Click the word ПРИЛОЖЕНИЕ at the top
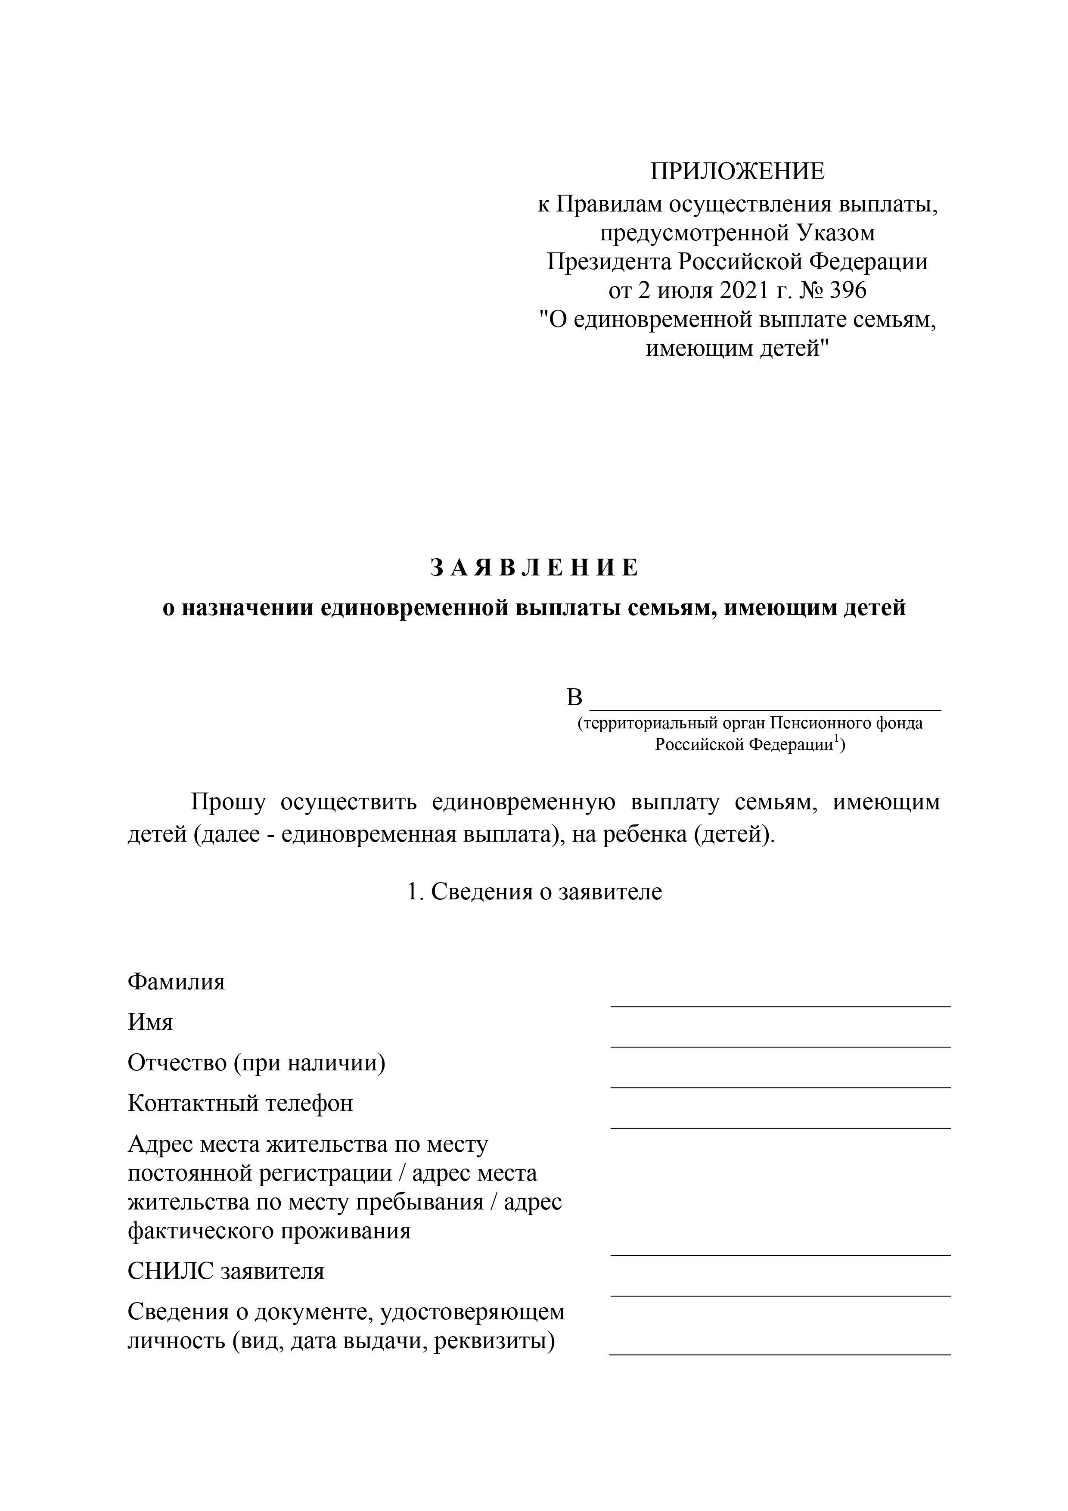737,172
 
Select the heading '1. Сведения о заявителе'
534,892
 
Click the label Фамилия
177,982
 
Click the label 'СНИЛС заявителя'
226,1271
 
